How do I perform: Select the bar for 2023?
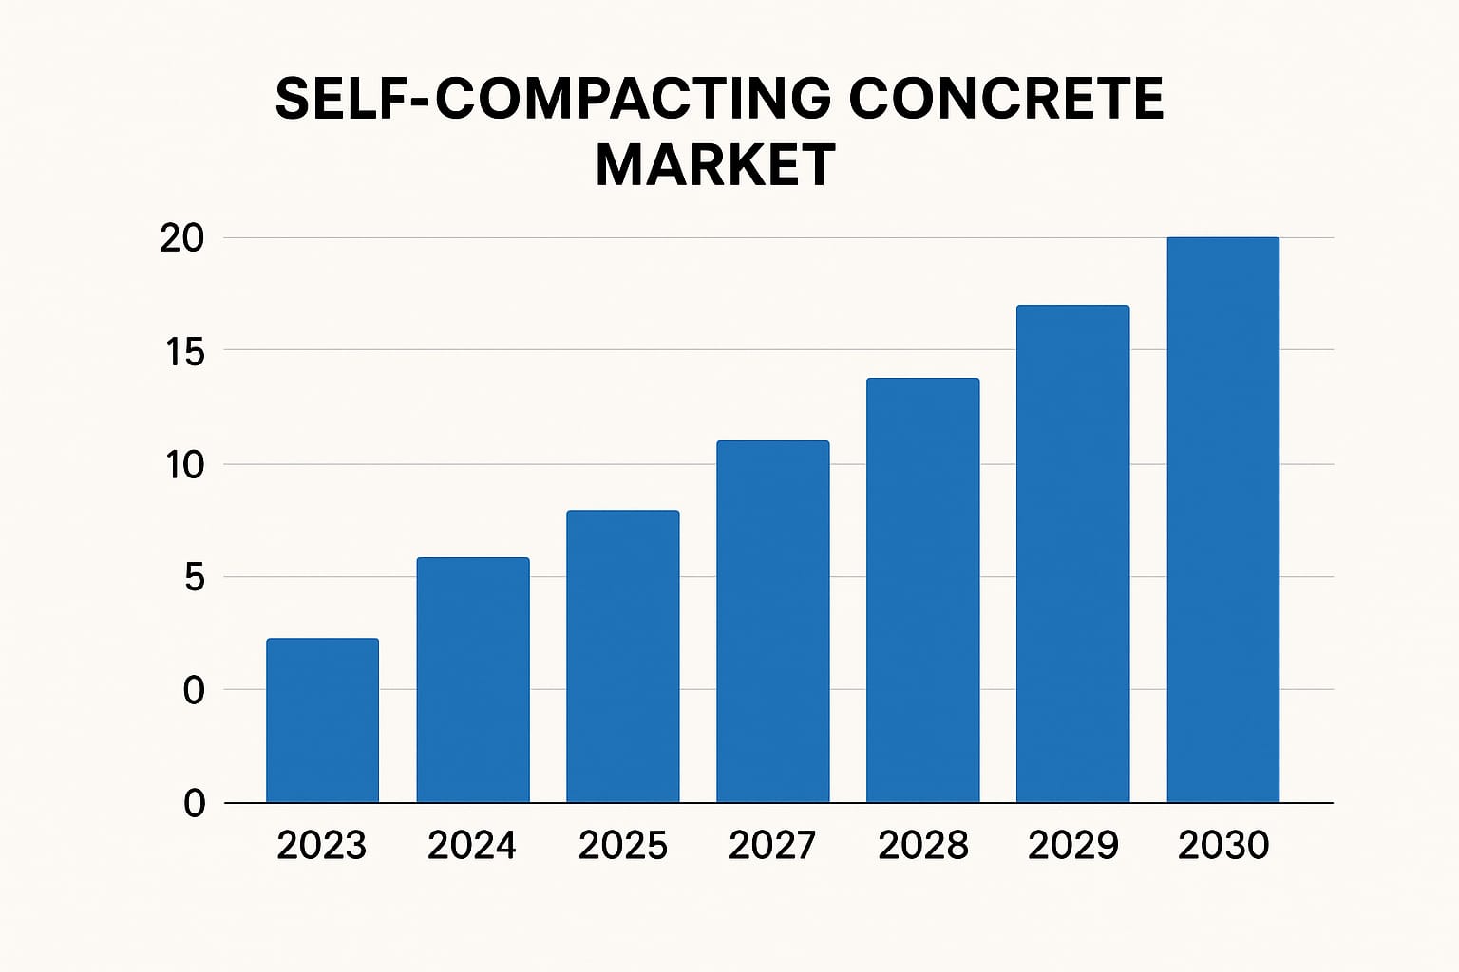[322, 720]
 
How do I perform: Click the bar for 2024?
[473, 680]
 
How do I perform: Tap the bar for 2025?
[623, 657]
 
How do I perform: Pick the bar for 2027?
[772, 622]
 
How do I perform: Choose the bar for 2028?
[922, 590]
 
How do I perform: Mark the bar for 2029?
[1072, 553]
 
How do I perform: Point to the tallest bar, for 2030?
[1222, 520]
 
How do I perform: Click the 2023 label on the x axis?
[322, 845]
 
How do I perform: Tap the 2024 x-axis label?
[472, 845]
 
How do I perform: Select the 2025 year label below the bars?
[623, 845]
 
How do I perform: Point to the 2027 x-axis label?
[772, 845]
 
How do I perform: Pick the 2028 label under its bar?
[923, 845]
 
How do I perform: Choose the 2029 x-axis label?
[1073, 845]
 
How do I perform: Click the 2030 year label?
[1223, 845]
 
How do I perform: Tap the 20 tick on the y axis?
[182, 238]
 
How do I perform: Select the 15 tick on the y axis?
[184, 352]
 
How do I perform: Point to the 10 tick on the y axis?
[184, 465]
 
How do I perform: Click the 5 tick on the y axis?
[194, 577]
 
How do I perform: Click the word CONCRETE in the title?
[1006, 99]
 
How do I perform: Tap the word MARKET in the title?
[715, 165]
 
